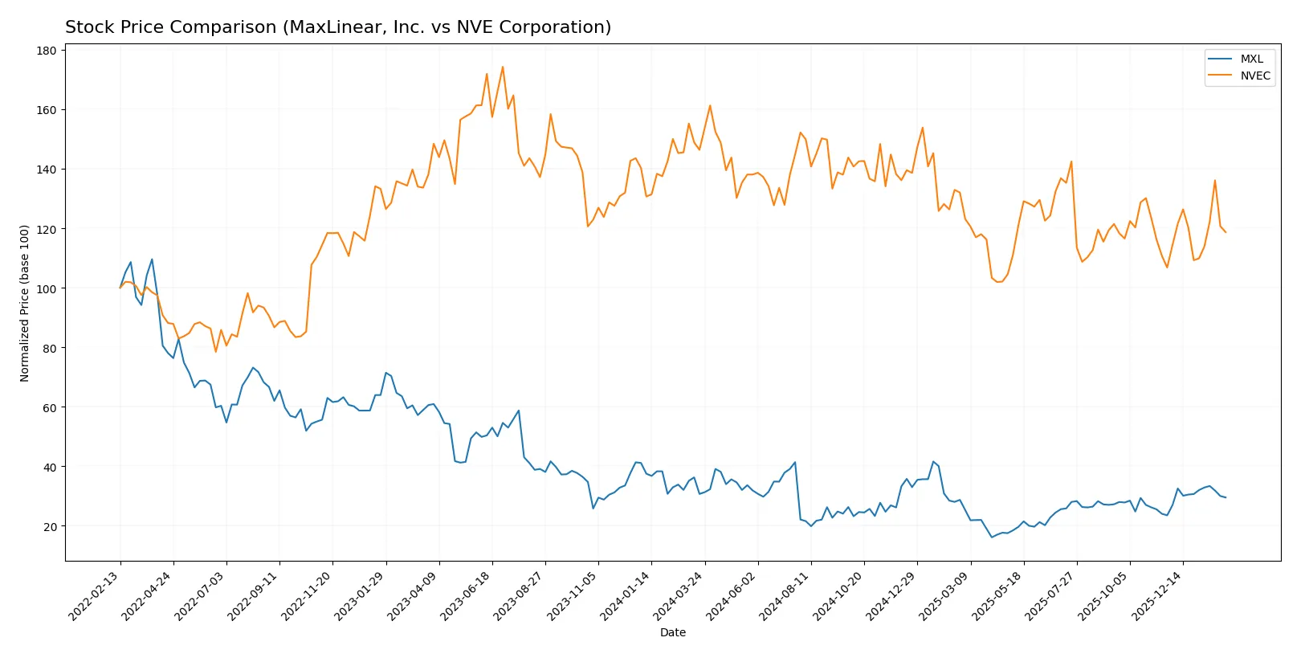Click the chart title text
click(338, 27)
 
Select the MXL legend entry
click(1251, 59)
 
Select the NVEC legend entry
click(1254, 76)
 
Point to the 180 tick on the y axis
click(47, 51)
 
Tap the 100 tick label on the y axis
click(47, 288)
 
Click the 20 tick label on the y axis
click(50, 527)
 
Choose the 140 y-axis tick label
click(47, 170)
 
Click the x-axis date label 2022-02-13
click(95, 596)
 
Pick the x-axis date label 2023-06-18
click(466, 596)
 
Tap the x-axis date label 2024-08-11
click(785, 596)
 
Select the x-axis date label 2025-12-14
click(1157, 596)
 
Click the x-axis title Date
click(672, 633)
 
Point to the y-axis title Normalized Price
click(25, 303)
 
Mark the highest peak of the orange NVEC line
click(503, 67)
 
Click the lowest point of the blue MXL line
click(992, 537)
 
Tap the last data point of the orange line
click(1226, 232)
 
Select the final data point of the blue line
click(1226, 497)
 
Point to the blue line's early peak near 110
click(152, 260)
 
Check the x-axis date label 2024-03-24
click(679, 596)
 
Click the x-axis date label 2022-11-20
click(307, 596)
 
